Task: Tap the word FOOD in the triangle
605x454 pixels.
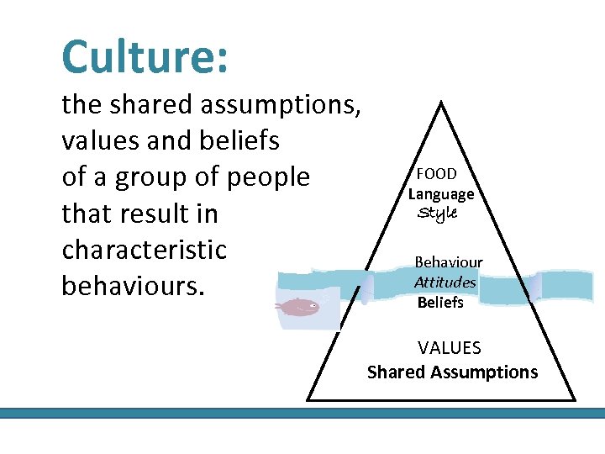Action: (437, 174)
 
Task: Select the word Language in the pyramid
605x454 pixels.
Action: (441, 194)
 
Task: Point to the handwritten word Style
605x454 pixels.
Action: (437, 214)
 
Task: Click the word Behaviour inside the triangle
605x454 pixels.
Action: (449, 263)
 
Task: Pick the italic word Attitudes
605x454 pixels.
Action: (445, 282)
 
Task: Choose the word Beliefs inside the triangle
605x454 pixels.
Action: (440, 302)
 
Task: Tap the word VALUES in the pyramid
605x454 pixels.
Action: (450, 347)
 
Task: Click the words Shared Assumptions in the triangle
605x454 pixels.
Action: (452, 372)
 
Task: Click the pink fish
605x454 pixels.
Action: (298, 307)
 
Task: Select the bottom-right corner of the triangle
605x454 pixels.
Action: (574, 399)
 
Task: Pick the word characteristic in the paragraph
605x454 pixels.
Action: (145, 250)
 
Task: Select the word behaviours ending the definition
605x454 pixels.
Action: (133, 286)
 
